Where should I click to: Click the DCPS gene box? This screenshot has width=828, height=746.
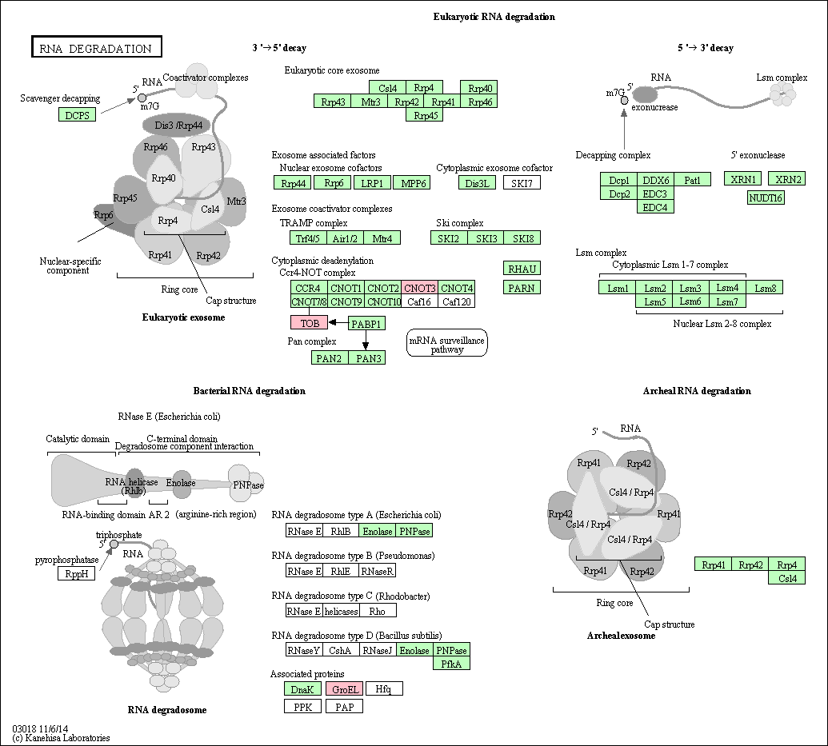(77, 114)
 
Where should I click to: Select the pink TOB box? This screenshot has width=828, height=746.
(309, 322)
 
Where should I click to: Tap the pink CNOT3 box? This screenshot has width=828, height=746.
(420, 288)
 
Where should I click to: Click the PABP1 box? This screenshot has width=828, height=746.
(366, 323)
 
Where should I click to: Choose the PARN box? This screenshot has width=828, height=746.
(522, 288)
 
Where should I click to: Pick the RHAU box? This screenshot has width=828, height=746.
(522, 269)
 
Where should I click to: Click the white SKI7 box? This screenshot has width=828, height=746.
(522, 182)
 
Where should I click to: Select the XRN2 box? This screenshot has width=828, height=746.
(787, 179)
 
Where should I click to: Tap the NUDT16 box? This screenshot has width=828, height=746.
(766, 197)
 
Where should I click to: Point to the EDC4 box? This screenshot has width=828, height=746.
(655, 207)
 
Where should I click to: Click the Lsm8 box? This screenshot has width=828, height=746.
(765, 288)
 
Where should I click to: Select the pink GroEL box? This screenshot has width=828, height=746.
(344, 688)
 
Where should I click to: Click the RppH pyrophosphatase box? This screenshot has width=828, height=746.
(77, 573)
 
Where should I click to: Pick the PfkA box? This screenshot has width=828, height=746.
(451, 664)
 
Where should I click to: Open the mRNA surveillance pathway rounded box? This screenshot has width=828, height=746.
(446, 343)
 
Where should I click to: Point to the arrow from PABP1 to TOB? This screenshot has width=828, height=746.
(338, 322)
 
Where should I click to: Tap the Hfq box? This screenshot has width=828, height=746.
(384, 688)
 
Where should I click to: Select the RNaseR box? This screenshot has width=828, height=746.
(377, 571)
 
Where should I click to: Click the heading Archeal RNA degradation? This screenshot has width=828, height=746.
(697, 391)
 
